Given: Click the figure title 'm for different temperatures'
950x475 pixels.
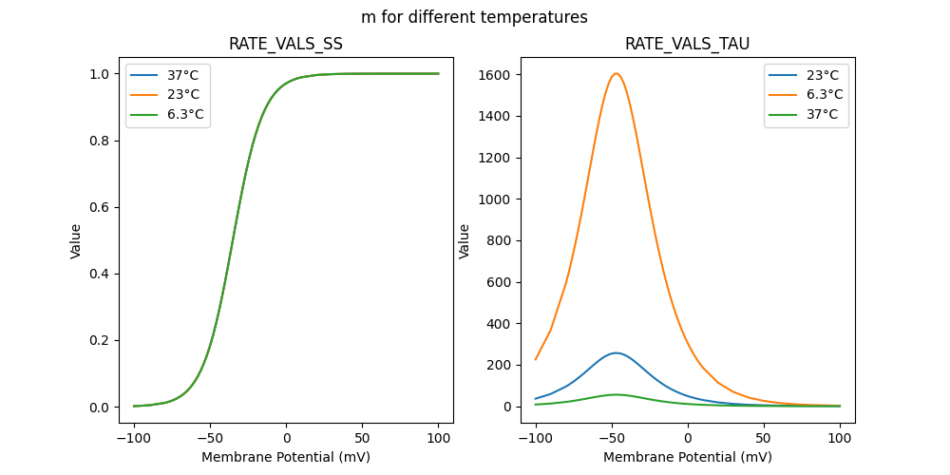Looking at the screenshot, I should click(x=474, y=17).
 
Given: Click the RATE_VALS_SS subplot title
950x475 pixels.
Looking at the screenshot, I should click(x=286, y=45).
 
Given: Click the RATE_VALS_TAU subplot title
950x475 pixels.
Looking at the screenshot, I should click(x=687, y=45).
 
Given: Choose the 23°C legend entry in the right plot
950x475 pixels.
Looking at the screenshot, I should click(x=823, y=75).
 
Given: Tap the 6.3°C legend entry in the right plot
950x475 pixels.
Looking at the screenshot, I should click(x=825, y=94).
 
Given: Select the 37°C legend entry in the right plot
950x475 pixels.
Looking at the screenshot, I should click(x=823, y=114).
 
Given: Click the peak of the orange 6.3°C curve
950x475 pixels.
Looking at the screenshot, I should click(x=617, y=73).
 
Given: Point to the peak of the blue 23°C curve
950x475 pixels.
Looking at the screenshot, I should click(x=617, y=352).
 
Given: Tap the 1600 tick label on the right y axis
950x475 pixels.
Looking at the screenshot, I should click(x=495, y=74).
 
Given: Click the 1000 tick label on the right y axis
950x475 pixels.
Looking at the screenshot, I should click(x=495, y=199).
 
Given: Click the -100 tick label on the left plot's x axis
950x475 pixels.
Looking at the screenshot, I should click(x=134, y=438).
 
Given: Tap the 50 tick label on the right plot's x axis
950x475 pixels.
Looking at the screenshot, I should click(x=763, y=438).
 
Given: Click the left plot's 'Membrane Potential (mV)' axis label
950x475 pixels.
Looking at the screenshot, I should click(x=286, y=457).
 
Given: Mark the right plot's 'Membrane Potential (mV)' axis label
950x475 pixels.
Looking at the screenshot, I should click(x=687, y=457).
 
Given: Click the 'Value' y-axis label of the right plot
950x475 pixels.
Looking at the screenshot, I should click(x=465, y=240).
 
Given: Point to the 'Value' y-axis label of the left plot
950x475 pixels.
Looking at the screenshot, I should click(x=76, y=240).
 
